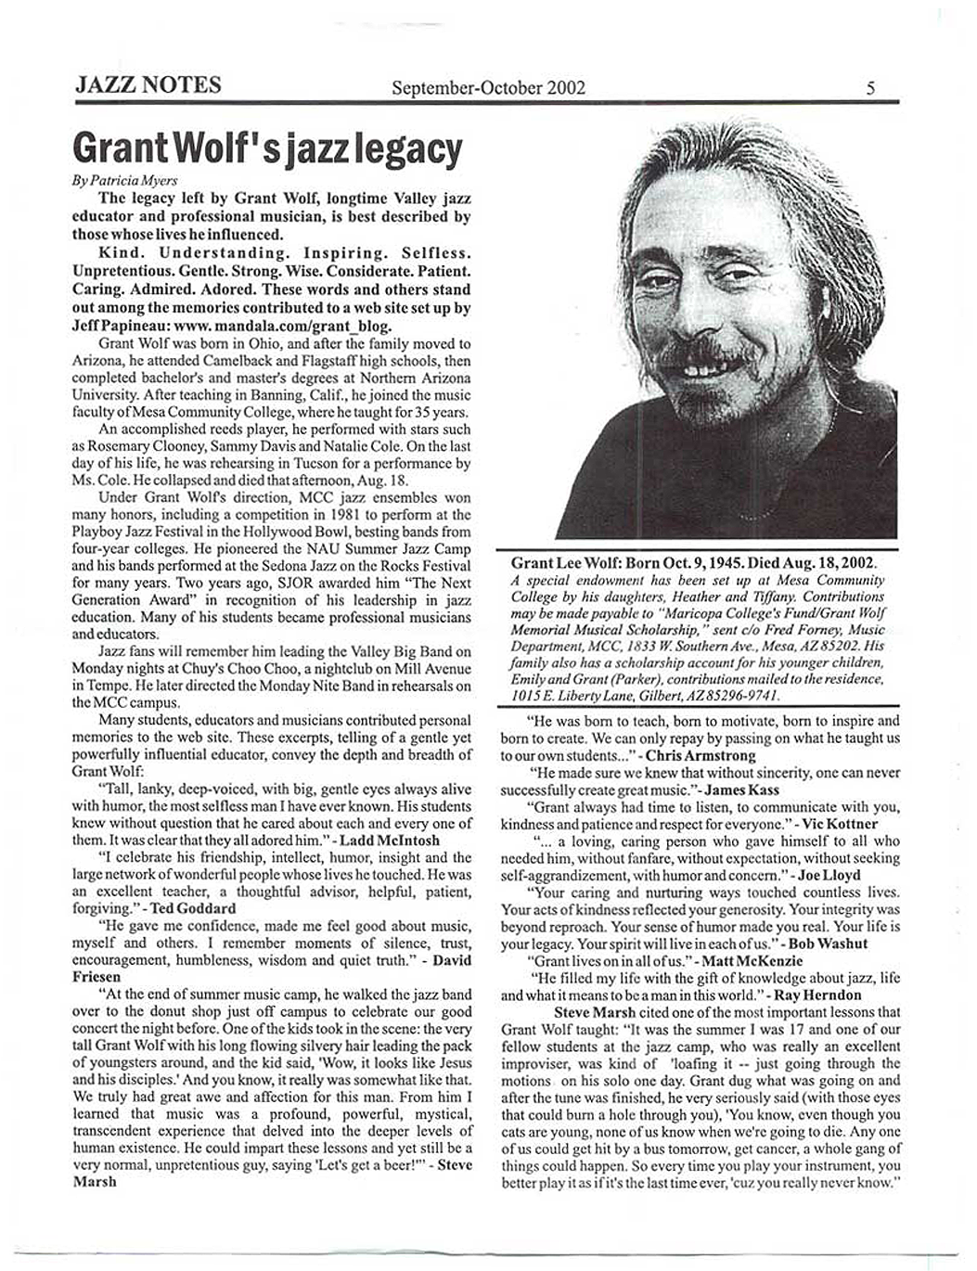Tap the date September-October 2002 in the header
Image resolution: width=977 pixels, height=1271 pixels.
point(488,88)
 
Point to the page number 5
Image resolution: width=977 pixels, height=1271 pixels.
point(870,89)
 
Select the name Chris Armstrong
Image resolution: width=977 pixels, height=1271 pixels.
point(701,756)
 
